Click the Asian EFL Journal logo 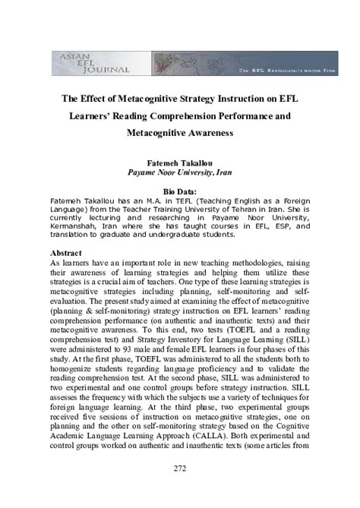click(92, 62)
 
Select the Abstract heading click(68, 252)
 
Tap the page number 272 click(179, 468)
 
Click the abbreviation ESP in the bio click(273, 226)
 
